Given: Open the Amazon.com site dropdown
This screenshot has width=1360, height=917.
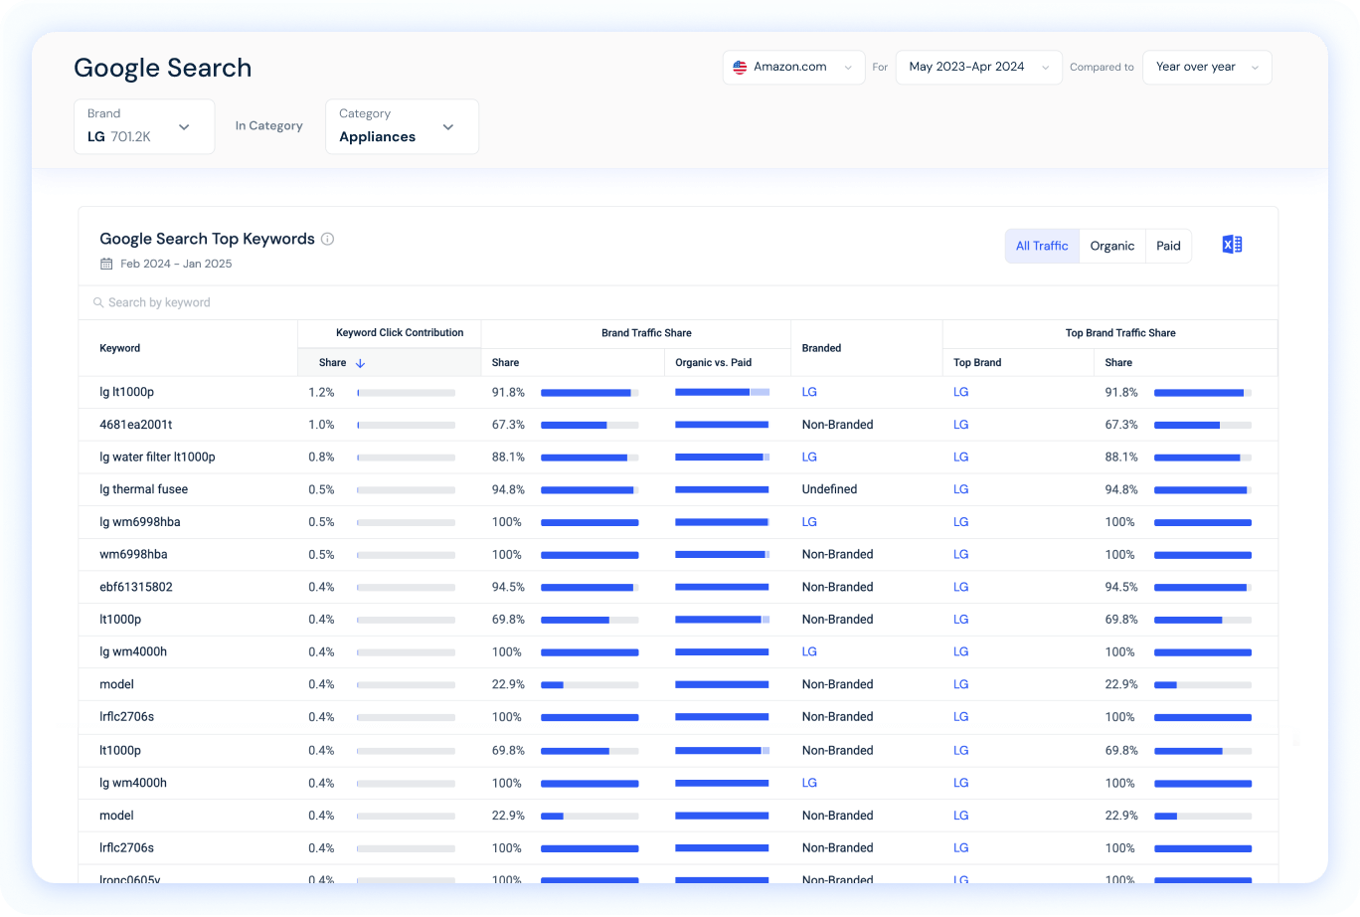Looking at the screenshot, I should click(793, 68).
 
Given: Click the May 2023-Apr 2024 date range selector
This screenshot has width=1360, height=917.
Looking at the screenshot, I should click(978, 68).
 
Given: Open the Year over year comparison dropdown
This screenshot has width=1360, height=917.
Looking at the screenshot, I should click(1207, 68).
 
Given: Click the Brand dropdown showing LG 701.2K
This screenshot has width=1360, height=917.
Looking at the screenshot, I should click(144, 126).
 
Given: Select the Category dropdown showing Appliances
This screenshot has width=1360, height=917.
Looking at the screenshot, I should click(402, 126).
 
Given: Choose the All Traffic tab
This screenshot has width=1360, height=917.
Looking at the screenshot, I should click(1042, 246).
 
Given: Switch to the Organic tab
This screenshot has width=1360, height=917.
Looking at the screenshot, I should click(1111, 246).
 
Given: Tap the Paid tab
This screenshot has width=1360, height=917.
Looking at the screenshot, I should click(1168, 246).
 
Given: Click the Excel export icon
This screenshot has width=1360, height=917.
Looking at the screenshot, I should click(1232, 245).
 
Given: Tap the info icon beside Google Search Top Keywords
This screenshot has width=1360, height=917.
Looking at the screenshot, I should click(328, 239).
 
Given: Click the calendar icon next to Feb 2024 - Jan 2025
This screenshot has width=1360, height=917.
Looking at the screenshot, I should click(106, 264).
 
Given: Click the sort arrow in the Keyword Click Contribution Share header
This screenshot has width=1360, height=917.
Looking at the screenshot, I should click(361, 363).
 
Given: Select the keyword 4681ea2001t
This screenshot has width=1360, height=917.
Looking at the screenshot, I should click(136, 425).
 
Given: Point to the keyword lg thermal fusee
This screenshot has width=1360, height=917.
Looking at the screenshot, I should click(143, 489).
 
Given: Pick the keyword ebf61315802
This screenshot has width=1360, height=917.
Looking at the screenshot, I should click(136, 587).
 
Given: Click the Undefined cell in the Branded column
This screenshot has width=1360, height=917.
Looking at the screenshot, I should click(829, 489).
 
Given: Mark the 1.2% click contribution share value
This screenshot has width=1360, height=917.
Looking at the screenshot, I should click(321, 392).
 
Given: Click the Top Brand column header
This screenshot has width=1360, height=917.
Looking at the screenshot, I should click(977, 363).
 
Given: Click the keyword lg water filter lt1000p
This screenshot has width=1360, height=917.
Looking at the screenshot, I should click(157, 457).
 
